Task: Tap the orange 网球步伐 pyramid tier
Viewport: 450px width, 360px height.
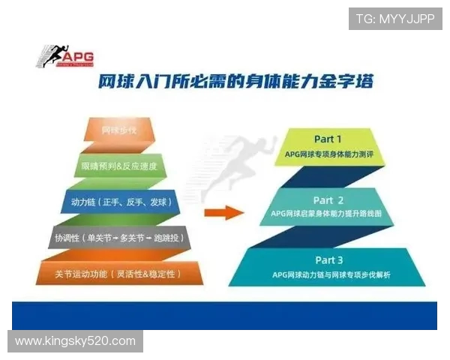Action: pos(120,130)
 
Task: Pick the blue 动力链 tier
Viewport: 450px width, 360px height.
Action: pos(120,202)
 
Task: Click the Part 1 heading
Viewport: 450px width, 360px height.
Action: pos(328,139)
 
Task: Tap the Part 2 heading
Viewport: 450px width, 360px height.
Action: pos(328,200)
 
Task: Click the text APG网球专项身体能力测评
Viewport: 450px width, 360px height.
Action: pos(328,154)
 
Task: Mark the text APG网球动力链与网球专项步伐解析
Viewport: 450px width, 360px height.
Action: pos(331,275)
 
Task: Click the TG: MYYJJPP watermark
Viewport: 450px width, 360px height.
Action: pos(394,19)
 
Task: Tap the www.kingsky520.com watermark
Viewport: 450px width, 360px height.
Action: pos(75,341)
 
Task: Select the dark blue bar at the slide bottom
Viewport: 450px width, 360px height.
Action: pos(224,315)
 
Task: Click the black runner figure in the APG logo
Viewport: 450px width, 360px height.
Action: pos(55,56)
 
